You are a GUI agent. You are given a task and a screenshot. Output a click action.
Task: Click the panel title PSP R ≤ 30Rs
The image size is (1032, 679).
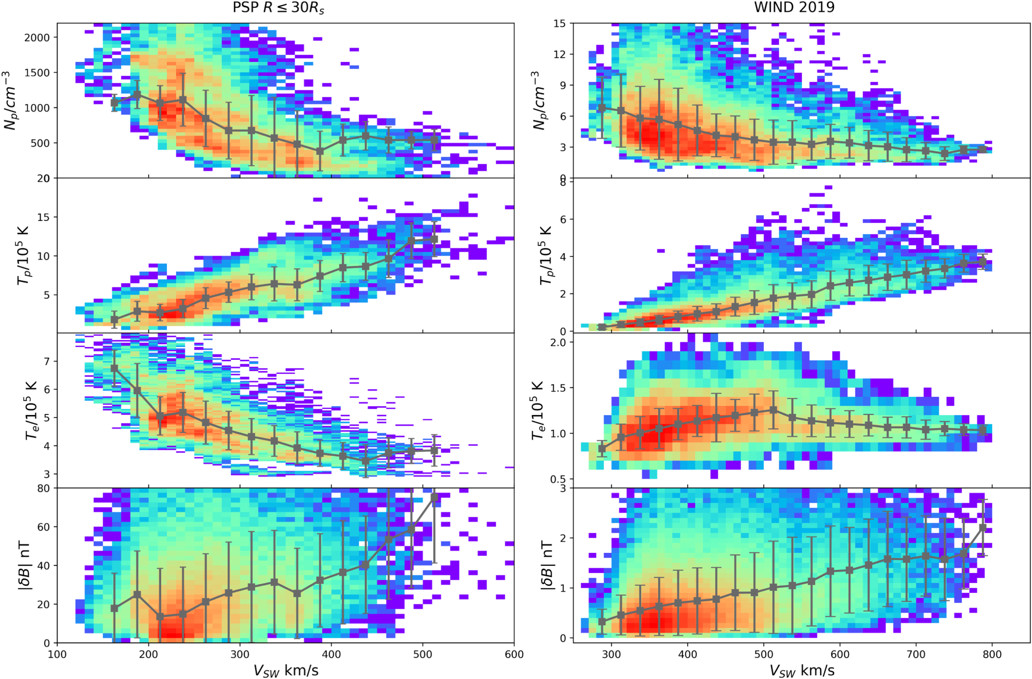278,8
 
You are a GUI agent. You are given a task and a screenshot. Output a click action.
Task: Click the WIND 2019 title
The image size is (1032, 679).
794,7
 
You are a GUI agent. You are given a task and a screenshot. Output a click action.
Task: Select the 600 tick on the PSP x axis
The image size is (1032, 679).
514,655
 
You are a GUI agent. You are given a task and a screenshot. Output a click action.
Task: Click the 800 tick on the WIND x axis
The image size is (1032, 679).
992,655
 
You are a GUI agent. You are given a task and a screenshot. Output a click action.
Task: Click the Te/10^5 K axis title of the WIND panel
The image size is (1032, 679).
537,410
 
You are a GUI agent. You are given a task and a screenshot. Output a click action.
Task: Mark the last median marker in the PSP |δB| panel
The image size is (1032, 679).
434,497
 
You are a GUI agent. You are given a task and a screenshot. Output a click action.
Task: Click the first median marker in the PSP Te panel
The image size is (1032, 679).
114,368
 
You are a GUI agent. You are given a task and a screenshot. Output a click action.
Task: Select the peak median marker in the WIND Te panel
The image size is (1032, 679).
773,410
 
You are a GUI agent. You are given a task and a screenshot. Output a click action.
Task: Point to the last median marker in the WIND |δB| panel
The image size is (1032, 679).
983,528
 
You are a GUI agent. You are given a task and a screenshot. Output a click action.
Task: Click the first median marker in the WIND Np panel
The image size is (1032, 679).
602,108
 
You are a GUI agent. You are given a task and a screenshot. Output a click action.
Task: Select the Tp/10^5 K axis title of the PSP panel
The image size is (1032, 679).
23,256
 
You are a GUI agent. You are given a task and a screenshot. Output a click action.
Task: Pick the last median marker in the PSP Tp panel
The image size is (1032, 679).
434,239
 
